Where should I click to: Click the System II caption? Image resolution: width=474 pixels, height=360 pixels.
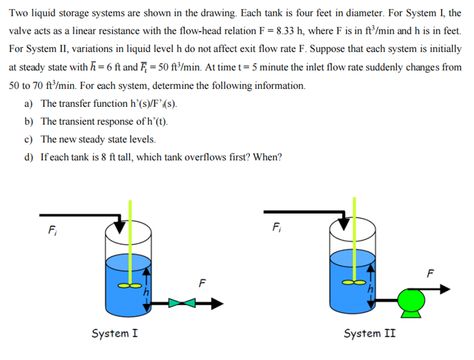coord(369,333)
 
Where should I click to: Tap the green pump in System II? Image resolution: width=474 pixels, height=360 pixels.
coord(412,300)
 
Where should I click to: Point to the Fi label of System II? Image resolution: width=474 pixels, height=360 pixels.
coord(276,228)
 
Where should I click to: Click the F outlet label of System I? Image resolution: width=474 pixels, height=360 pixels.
coord(202,284)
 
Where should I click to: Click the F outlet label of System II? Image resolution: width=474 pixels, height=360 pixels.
coord(432,272)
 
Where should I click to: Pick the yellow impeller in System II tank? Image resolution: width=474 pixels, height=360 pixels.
coord(357,281)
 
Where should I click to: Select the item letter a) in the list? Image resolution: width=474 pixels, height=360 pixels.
coord(28,104)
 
